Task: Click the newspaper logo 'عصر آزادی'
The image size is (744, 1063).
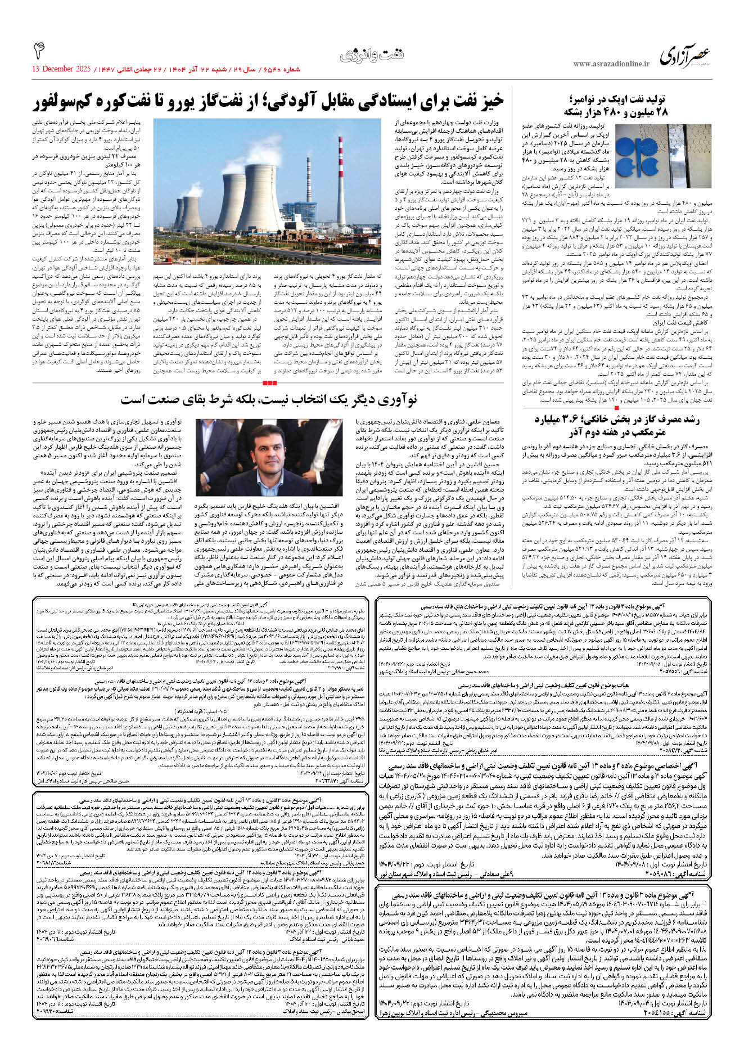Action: click(685, 56)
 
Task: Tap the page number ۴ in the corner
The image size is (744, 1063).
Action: click(39, 51)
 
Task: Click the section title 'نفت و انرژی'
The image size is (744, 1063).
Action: click(372, 55)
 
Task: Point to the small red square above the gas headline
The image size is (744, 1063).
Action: click(617, 408)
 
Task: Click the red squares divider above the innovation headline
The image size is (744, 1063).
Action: click(270, 383)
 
